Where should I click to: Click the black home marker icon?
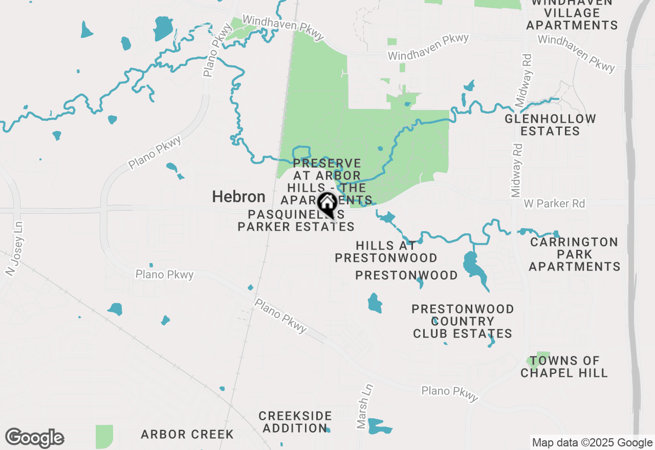pos(327,204)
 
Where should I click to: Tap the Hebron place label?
pos(239,197)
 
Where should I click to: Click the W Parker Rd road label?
pos(554,204)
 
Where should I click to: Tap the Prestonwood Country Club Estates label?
pos(463,321)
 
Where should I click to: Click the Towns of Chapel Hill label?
pos(564,367)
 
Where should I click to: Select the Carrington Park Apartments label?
pos(574,254)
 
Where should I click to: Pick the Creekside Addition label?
pos(295,422)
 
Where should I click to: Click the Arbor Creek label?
pos(187,435)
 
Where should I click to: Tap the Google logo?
pos(34,438)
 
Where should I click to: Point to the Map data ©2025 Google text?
pos(592,443)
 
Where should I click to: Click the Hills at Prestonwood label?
pos(386,252)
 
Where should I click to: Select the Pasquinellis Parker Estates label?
pos(296,220)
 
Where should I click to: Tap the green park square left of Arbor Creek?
pos(104,436)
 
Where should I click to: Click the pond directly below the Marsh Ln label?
pos(379,426)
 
